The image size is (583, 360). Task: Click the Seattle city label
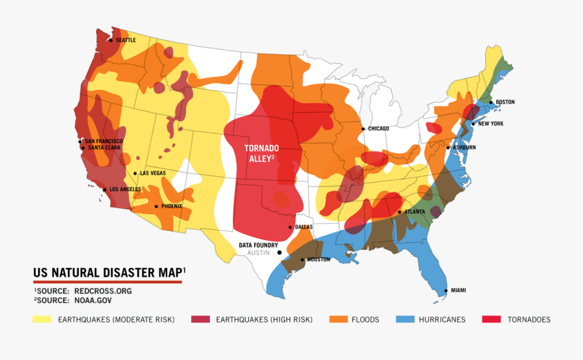[x=126, y=40]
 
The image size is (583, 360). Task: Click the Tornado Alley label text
[x=262, y=153]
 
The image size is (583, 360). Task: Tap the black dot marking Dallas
[x=290, y=227]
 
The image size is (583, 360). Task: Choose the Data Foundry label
[x=258, y=245]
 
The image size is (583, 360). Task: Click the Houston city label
[x=318, y=260]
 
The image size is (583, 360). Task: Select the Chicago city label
[x=378, y=129]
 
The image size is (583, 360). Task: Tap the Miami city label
[x=458, y=290]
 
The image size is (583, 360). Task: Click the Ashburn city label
[x=464, y=148]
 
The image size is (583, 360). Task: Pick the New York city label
[x=491, y=124]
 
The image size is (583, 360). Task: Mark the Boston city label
[x=505, y=102]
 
